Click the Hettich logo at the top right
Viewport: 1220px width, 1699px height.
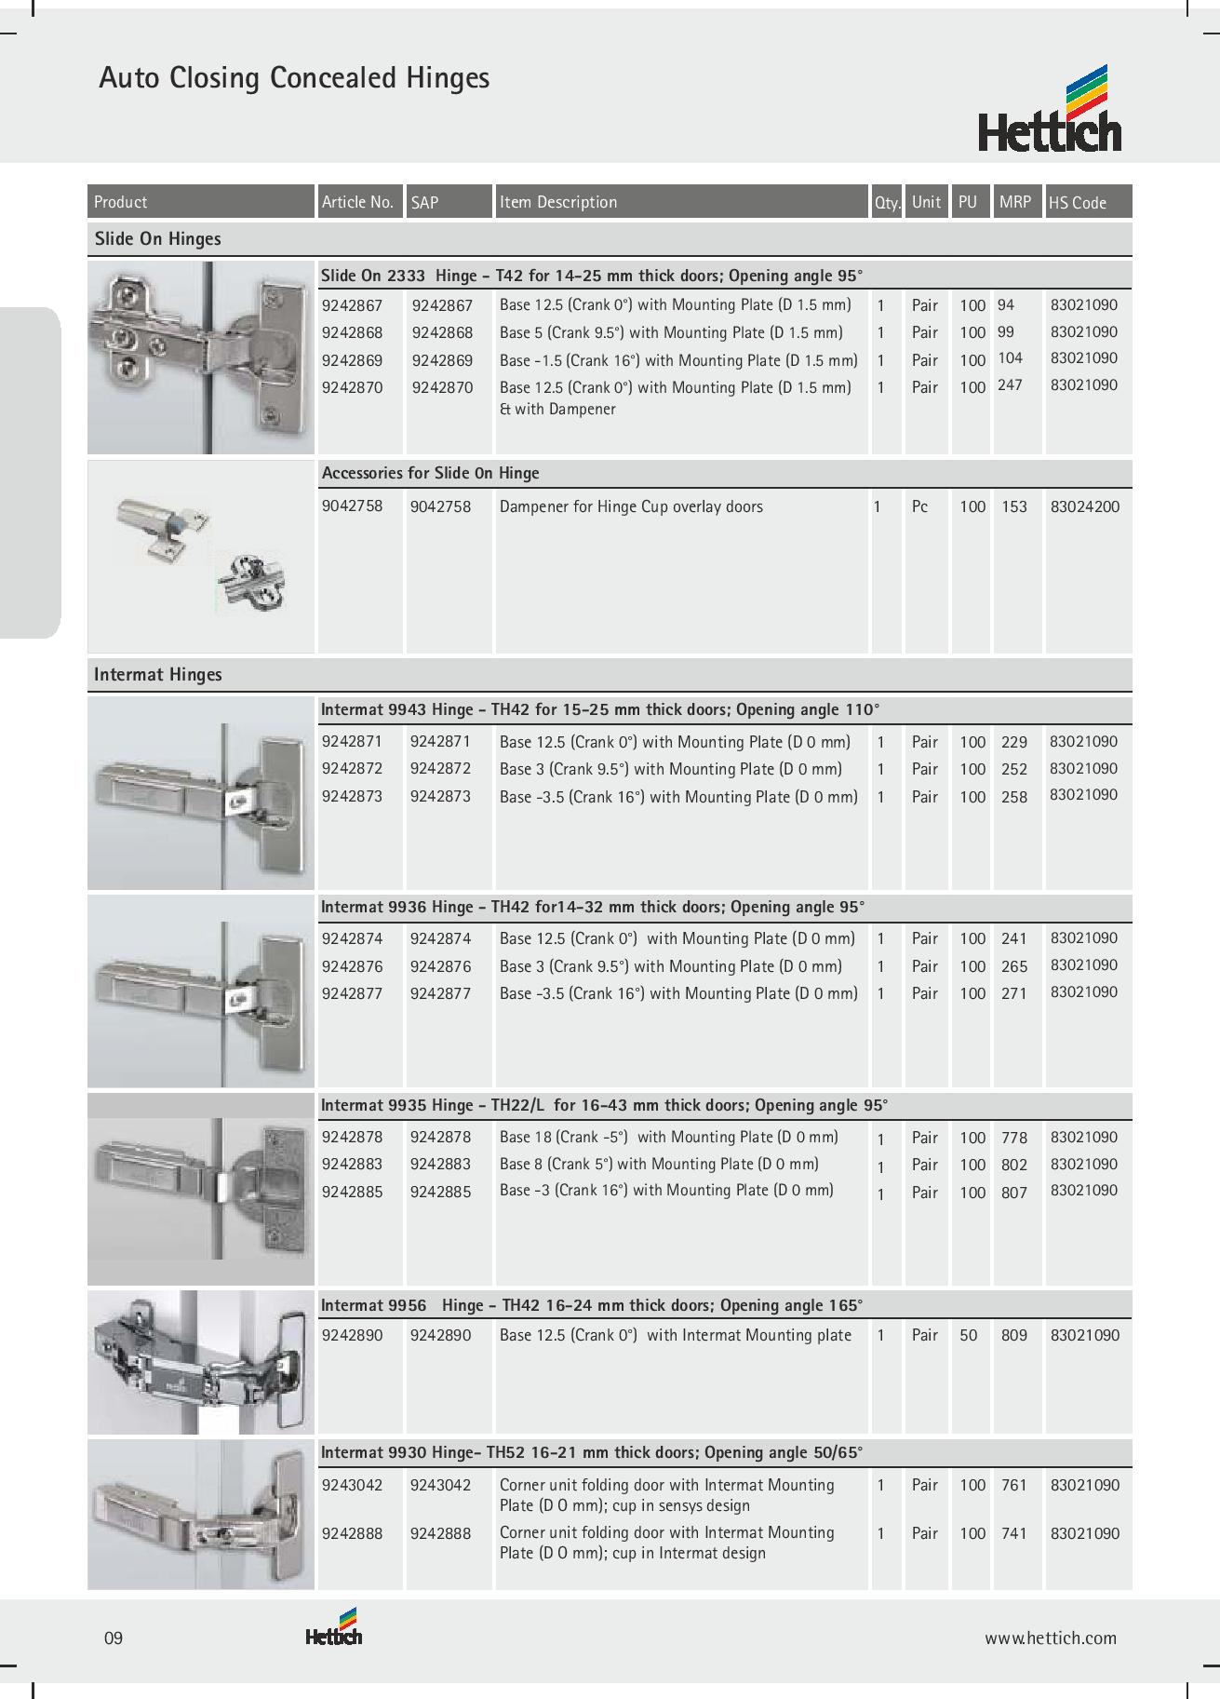[1049, 110]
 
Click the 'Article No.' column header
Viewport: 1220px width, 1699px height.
[357, 202]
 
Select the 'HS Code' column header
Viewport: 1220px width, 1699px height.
[1077, 203]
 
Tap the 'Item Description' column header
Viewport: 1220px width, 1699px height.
[558, 202]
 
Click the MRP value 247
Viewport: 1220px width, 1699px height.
[1010, 384]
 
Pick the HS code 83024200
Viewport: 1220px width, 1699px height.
[1084, 506]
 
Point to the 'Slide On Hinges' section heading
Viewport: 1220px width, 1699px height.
[157, 239]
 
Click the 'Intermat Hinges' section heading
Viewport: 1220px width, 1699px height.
[157, 675]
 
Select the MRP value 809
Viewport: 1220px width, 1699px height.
[1013, 1335]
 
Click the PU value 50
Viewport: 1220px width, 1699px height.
[969, 1335]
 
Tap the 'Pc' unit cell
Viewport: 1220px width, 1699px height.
[919, 506]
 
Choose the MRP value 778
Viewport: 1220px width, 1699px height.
[1013, 1138]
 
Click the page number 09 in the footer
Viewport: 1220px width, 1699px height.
[113, 1638]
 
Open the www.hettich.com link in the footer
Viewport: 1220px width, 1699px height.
[1051, 1638]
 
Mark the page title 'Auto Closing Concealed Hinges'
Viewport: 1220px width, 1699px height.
[294, 78]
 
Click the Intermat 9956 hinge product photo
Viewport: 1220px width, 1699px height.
[201, 1362]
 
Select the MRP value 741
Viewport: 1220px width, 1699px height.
[1013, 1533]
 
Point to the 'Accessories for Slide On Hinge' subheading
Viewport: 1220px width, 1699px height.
[430, 473]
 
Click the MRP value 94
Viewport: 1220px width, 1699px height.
[1006, 304]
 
